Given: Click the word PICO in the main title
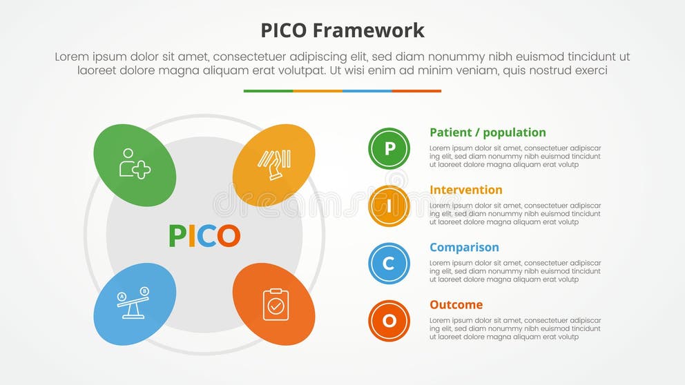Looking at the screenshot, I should [284, 30].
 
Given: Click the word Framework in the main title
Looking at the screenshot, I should [368, 30].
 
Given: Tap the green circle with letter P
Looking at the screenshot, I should [389, 148].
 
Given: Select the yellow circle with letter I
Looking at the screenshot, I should [389, 206].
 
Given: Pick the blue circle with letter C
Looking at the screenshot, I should [389, 263].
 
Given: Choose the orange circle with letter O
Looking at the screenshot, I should [389, 320].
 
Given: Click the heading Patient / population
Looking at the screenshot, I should [488, 132].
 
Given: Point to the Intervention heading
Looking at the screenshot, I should [465, 190].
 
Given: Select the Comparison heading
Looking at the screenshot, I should [464, 247].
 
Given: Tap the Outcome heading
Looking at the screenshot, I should [456, 304].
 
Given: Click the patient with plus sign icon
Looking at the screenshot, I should [135, 164].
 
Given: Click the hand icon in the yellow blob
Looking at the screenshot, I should [274, 164].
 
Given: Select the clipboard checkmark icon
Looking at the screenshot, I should [276, 304].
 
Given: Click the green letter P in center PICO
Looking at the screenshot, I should [177, 236].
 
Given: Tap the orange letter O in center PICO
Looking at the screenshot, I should [229, 236].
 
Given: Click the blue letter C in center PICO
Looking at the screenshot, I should [207, 236].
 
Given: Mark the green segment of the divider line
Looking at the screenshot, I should [268, 91].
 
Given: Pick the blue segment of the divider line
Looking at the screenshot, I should [367, 91].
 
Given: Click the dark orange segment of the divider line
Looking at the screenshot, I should [416, 91].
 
